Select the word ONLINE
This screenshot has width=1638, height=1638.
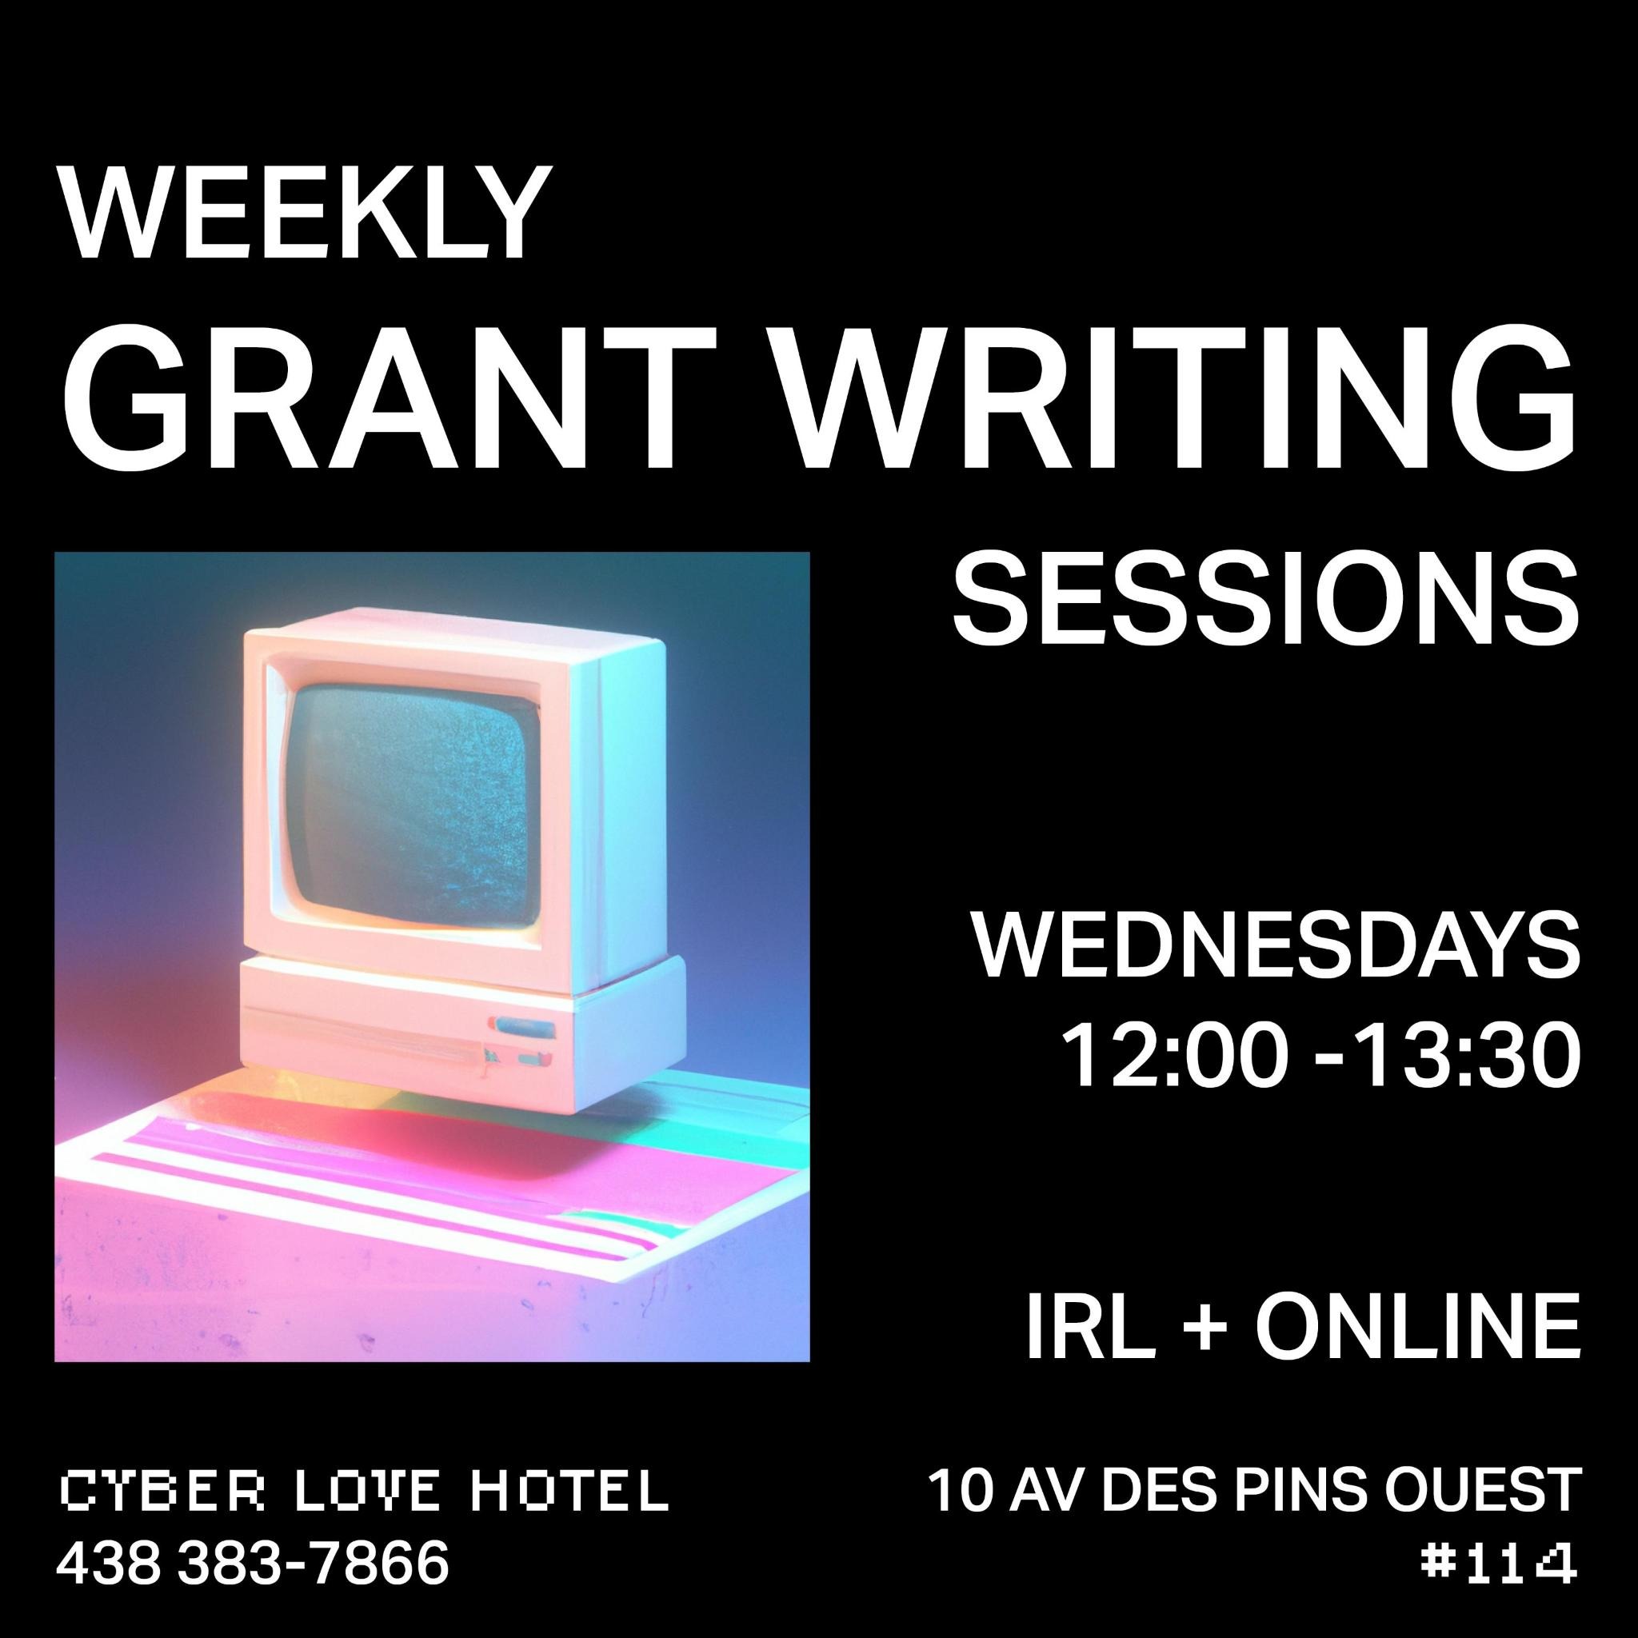1417,1325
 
